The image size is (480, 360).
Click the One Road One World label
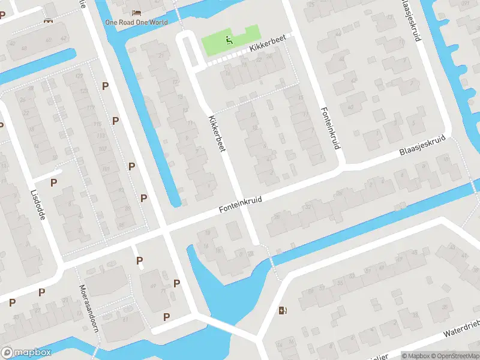tap(136, 23)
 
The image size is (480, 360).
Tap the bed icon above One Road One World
tap(136, 12)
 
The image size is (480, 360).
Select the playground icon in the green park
tap(229, 41)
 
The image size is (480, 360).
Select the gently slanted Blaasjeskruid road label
tap(423, 145)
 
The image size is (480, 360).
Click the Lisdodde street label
tap(37, 205)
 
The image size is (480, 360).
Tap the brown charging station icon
tap(283, 310)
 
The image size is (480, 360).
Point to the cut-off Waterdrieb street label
tap(462, 328)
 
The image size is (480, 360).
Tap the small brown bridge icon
tap(48, 22)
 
